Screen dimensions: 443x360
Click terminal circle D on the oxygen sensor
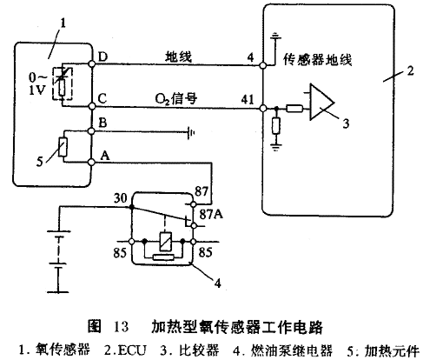click(91, 63)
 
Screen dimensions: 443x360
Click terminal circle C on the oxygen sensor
click(91, 106)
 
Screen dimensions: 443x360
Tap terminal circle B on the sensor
click(91, 131)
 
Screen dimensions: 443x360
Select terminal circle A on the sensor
click(91, 163)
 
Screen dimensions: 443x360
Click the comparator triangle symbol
click(321, 102)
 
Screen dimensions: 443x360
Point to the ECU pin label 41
click(248, 99)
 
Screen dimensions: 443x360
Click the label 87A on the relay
click(211, 215)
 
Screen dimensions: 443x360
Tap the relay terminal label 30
click(121, 198)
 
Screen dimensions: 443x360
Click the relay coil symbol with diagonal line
click(165, 242)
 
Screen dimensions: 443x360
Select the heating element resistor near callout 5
click(63, 147)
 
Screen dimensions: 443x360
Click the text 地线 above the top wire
click(179, 57)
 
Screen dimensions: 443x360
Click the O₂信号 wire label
click(176, 99)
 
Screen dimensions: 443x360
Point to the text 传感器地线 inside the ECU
click(317, 60)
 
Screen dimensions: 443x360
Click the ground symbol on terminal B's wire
click(191, 133)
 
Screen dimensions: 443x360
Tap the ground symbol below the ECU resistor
click(276, 147)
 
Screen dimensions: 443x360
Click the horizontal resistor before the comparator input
click(294, 109)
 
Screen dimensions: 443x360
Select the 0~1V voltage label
click(37, 83)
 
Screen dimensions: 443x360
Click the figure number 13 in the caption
click(121, 326)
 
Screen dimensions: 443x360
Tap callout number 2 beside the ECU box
click(410, 70)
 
